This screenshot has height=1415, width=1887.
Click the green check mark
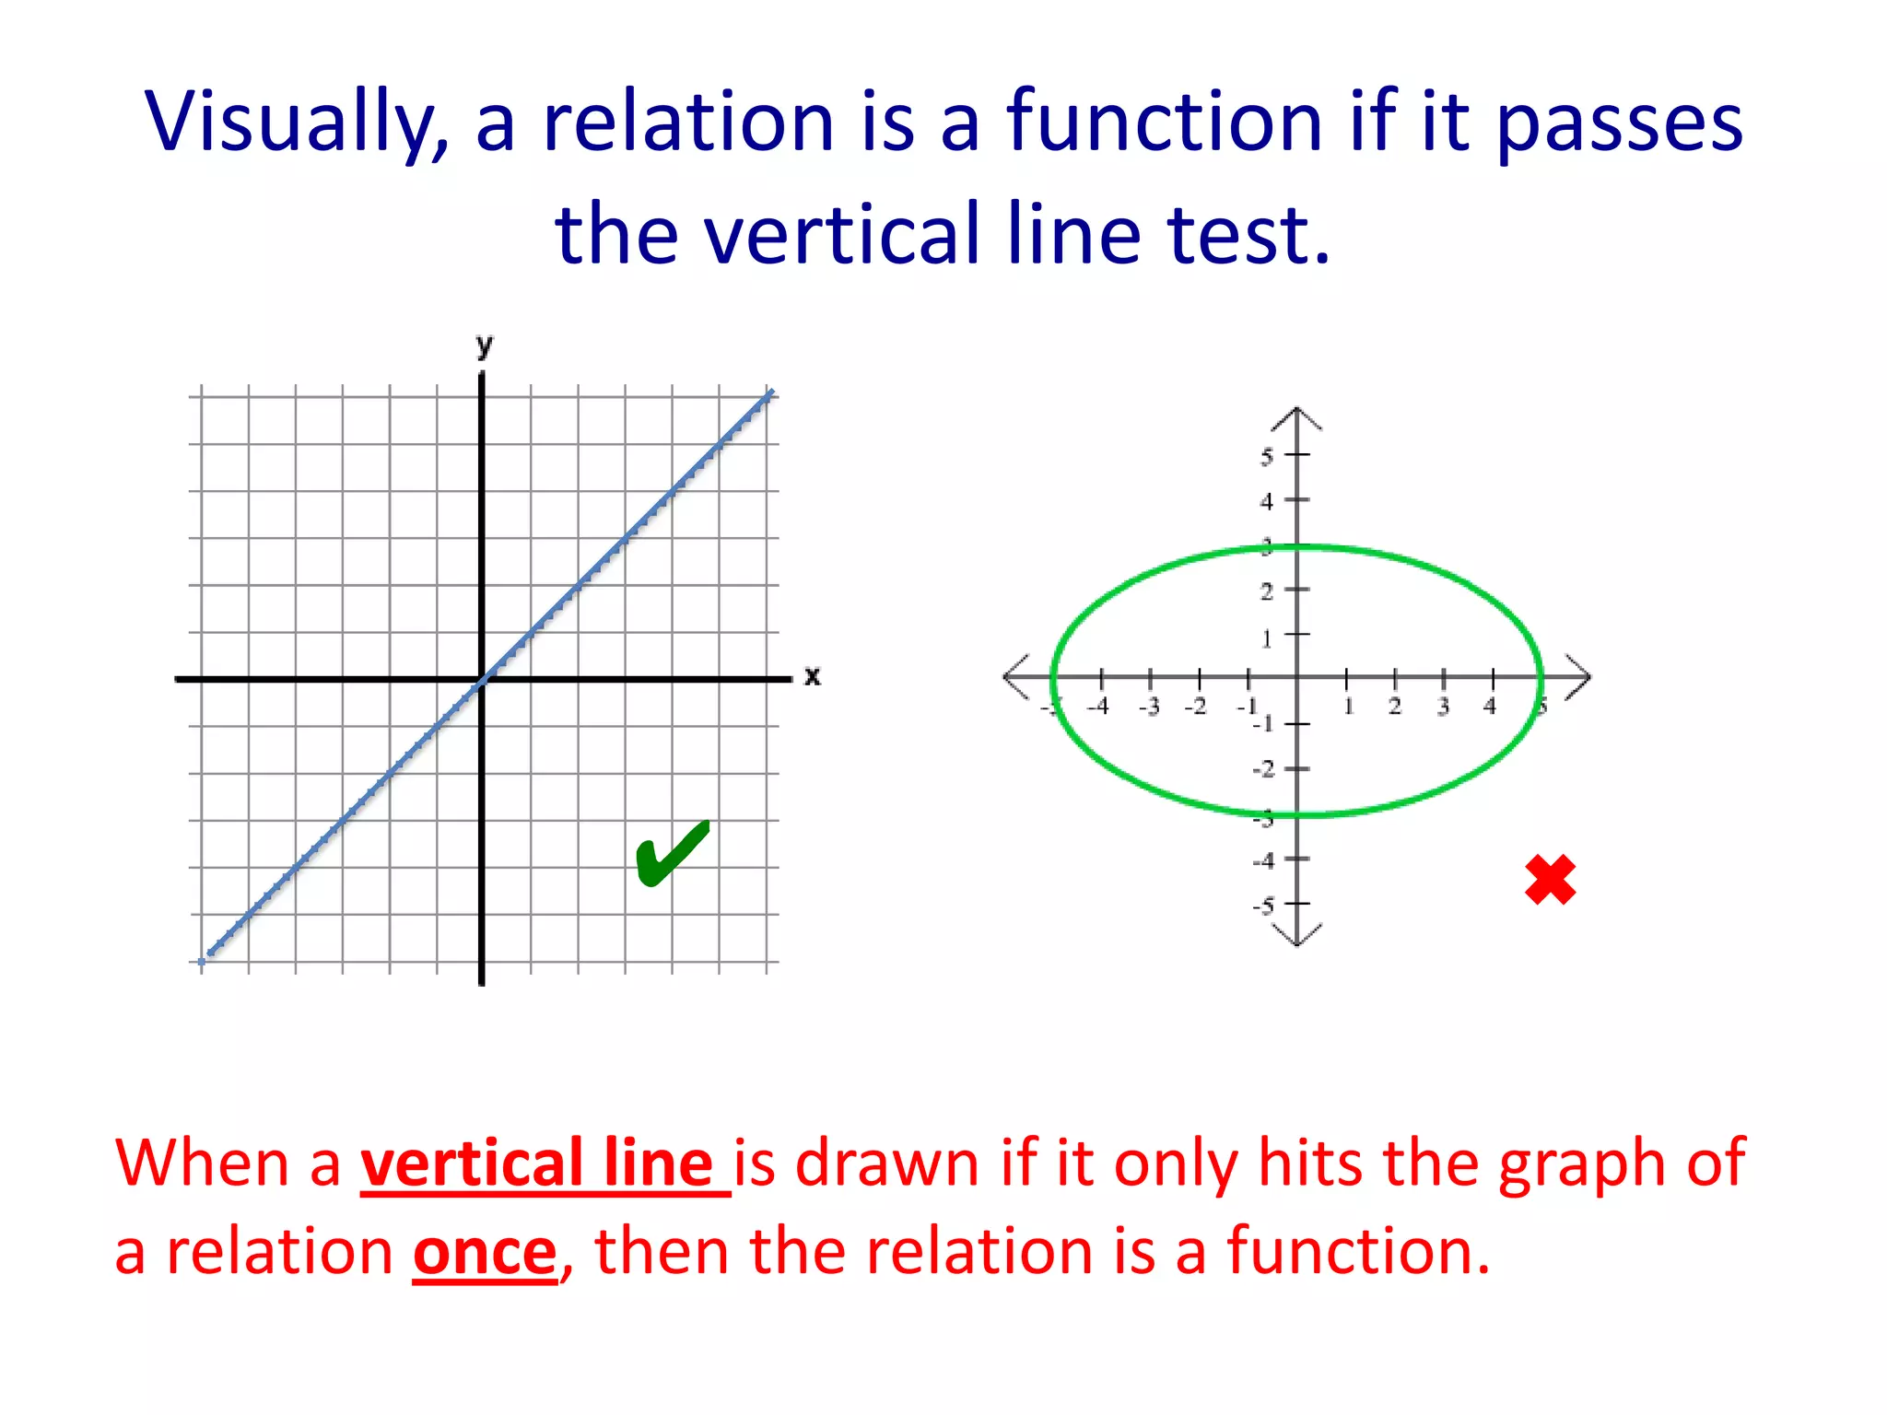point(672,853)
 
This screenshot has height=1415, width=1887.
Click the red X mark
point(1550,880)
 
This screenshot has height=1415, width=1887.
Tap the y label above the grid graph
point(485,346)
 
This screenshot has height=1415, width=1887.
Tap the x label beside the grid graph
point(812,676)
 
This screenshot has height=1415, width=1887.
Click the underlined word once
point(485,1253)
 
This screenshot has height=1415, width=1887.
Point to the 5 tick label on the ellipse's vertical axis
point(1267,456)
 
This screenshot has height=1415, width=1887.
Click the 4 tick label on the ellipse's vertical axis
point(1267,502)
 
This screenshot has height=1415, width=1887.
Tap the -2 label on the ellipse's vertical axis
point(1263,769)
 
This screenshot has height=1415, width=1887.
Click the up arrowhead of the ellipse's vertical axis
point(1296,416)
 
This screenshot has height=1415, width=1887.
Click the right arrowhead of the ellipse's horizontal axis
point(1580,678)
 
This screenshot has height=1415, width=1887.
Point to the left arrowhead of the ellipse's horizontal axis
point(1014,678)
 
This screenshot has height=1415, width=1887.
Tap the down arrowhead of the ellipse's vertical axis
point(1296,937)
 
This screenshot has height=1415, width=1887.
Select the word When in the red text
point(203,1164)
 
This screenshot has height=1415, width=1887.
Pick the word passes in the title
point(1619,123)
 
